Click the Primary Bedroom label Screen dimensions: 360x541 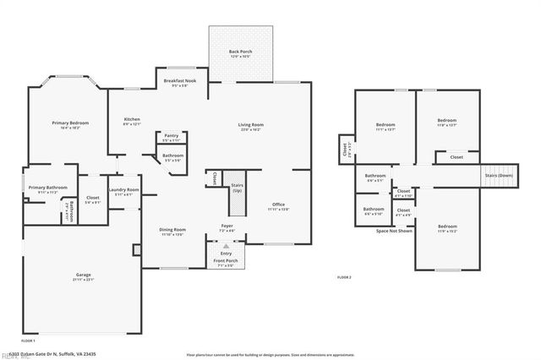(x=70, y=123)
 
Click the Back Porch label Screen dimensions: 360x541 (x=240, y=52)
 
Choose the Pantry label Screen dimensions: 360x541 (x=171, y=135)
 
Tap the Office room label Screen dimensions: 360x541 (x=279, y=206)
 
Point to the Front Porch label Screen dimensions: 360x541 (x=226, y=261)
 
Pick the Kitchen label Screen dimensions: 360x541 (x=132, y=119)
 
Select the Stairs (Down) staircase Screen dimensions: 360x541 (x=498, y=176)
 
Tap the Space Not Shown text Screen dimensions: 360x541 (x=394, y=230)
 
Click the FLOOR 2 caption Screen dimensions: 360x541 (x=344, y=277)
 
